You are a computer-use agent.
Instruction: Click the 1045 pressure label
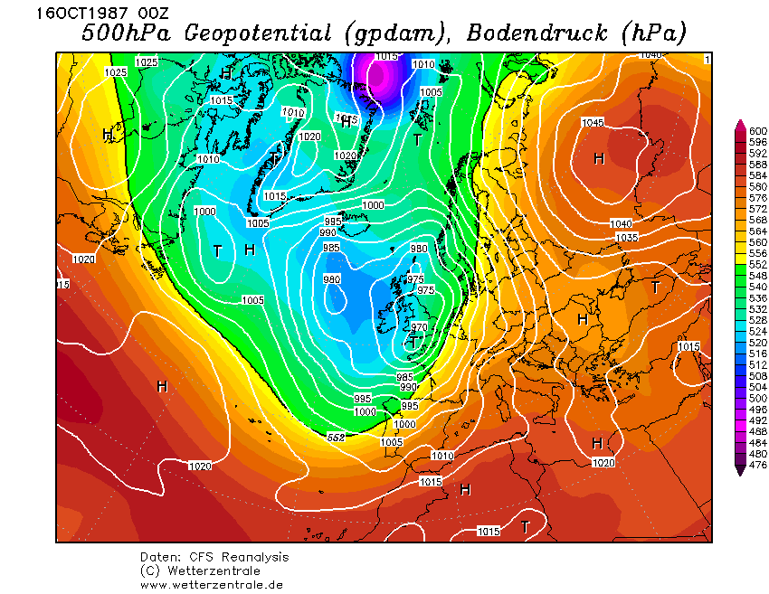[593, 123]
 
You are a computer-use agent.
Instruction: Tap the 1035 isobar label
[627, 237]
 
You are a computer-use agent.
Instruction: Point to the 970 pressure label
[419, 326]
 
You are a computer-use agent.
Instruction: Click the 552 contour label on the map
[336, 438]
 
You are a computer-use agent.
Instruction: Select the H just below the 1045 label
[598, 159]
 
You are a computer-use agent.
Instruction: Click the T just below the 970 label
[413, 343]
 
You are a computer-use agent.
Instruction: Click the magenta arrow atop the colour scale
[741, 125]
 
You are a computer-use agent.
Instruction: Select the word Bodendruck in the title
[539, 33]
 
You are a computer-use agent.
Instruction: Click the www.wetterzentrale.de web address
[212, 584]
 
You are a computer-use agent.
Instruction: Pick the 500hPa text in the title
[127, 33]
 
